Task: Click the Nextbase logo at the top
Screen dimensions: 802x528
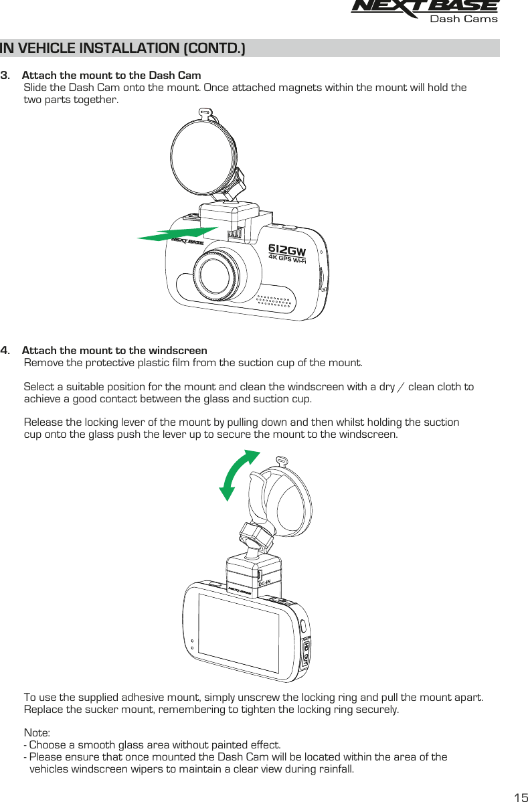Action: coord(424,7)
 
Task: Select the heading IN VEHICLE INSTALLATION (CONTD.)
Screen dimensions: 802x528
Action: coord(123,48)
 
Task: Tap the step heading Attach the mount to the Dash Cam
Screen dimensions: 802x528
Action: coord(111,74)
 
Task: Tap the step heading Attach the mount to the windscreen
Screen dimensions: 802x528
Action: coord(114,351)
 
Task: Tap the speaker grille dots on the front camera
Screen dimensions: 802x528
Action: coord(274,305)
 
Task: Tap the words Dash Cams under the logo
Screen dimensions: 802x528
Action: coord(463,19)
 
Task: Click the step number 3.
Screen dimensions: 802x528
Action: coord(5,74)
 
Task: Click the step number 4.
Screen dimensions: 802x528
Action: coord(5,351)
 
